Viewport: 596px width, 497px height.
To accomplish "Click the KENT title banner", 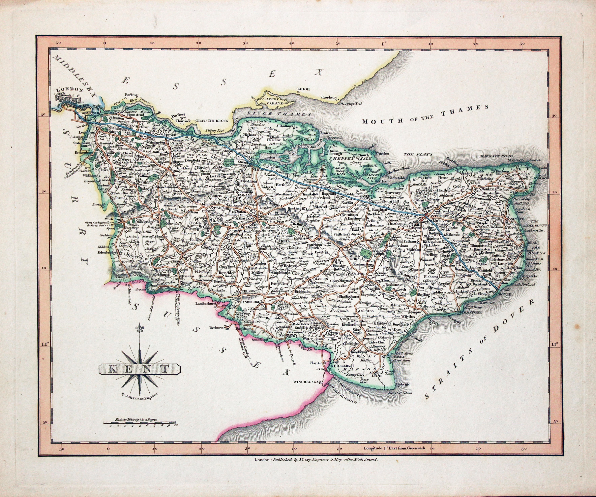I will click(139, 369).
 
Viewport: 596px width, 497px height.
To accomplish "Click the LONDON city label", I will click(70, 90).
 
